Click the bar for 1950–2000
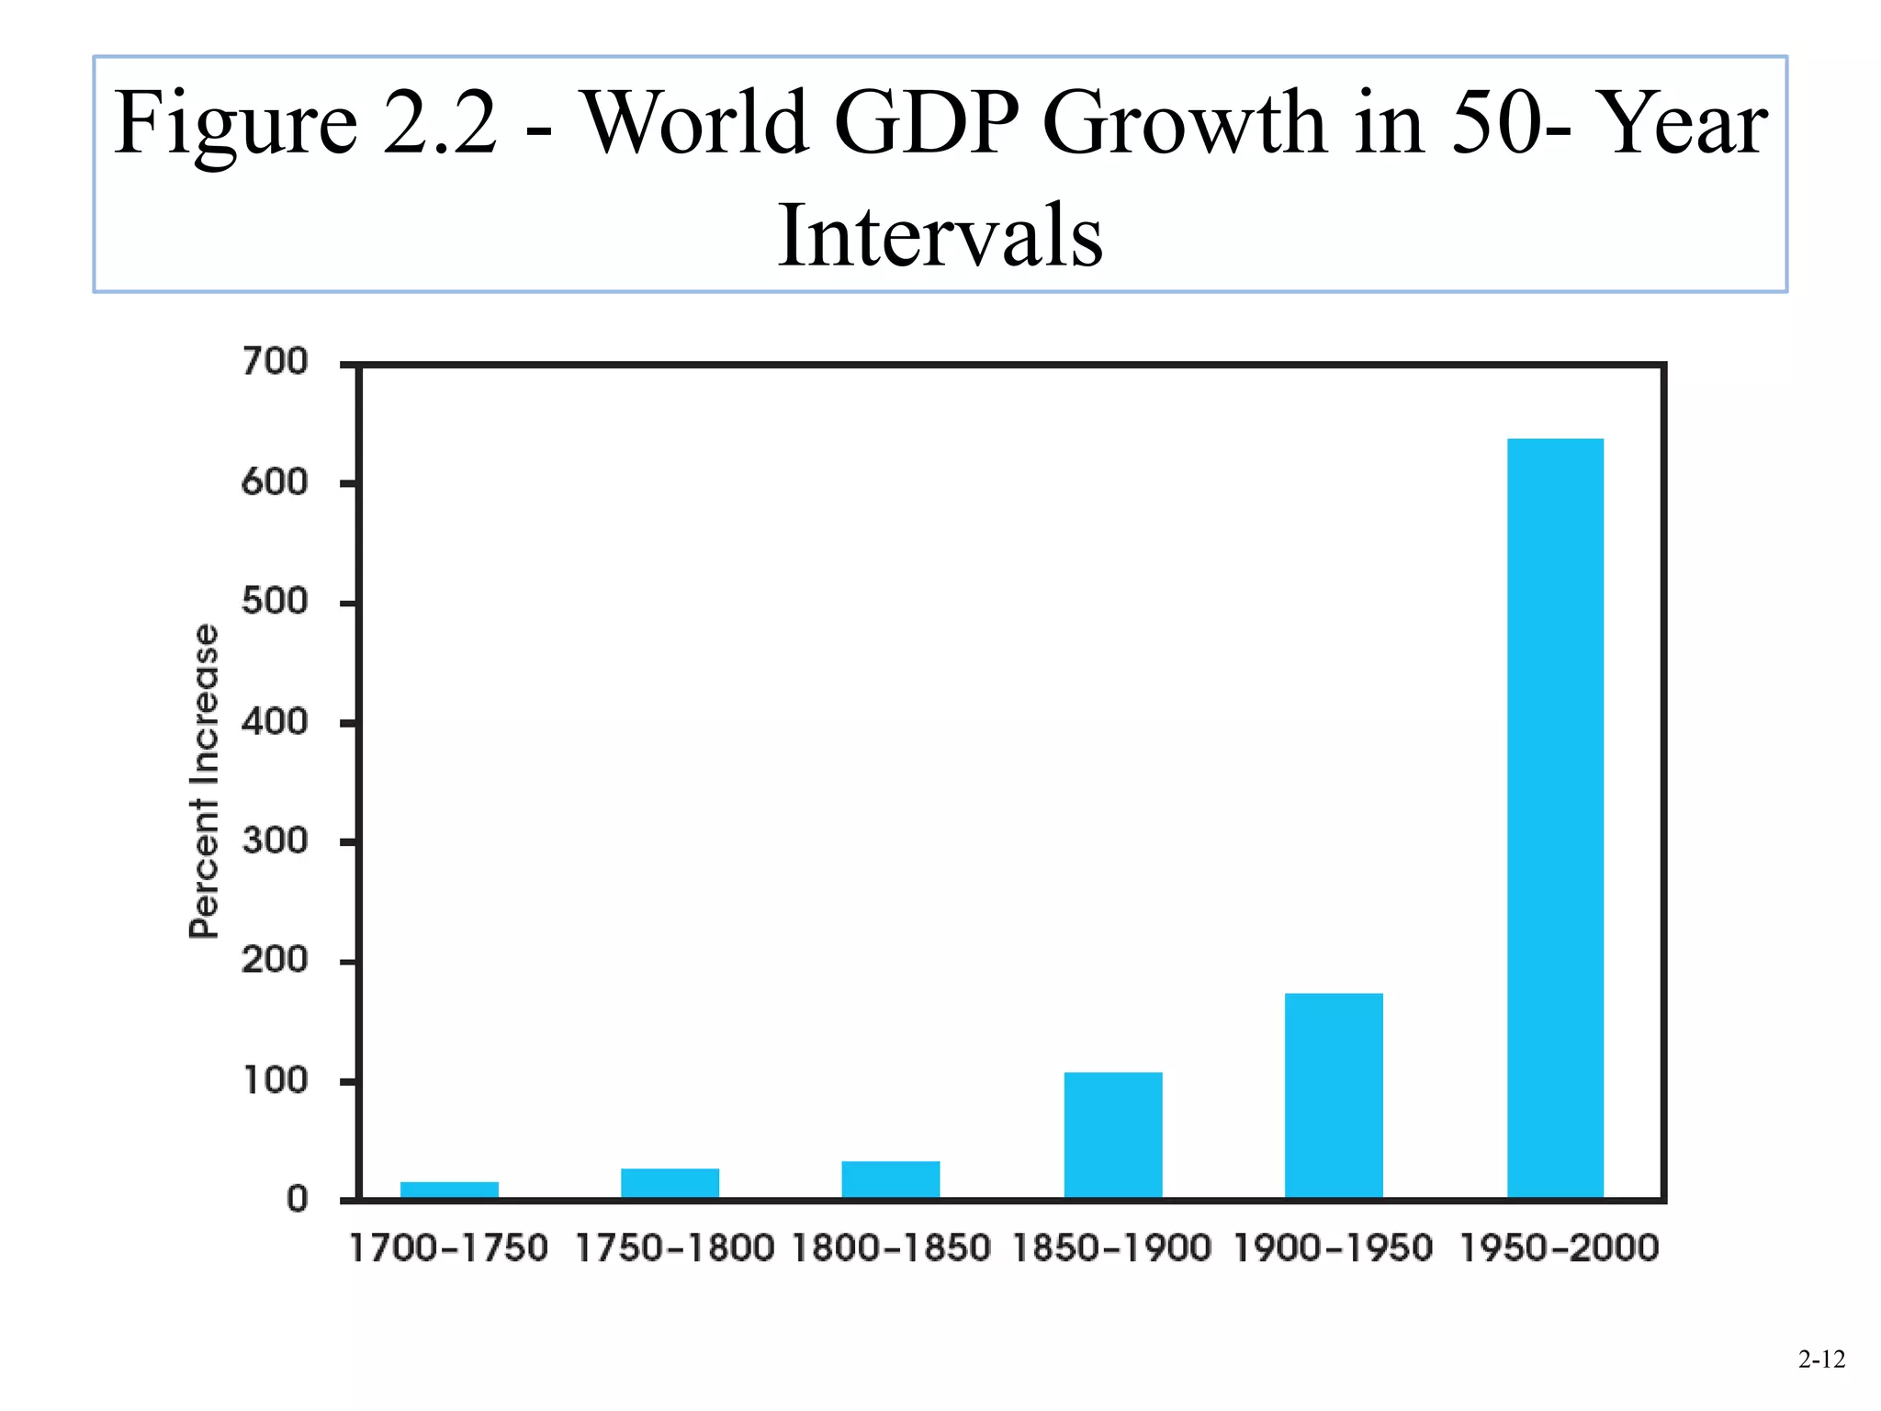tap(1555, 818)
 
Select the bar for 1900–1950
tap(1334, 1095)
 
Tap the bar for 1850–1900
tap(1113, 1134)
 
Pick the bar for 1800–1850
tap(891, 1180)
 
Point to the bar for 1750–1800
tap(670, 1183)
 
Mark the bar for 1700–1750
tap(449, 1190)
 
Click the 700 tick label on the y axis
tap(275, 362)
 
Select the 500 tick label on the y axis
tap(275, 602)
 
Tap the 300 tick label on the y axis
tap(275, 841)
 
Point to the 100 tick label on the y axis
tap(275, 1080)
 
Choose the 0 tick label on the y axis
tap(297, 1200)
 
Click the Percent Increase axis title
tap(204, 781)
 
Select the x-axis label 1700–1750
tap(449, 1248)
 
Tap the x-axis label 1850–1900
tap(1112, 1248)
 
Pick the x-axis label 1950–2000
tap(1559, 1248)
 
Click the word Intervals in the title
tap(940, 236)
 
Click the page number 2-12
tap(1821, 1360)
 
